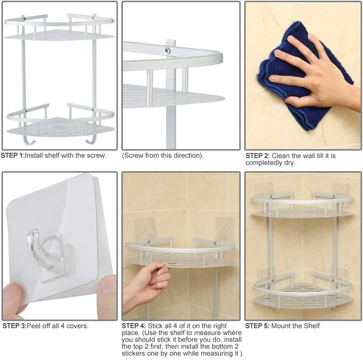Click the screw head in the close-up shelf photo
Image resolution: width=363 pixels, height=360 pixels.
(x=167, y=51)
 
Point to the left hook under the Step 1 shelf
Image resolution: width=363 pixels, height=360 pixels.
(x=27, y=140)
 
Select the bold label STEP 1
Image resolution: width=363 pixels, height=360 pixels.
(x=12, y=155)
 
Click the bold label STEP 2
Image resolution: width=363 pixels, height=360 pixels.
(x=257, y=156)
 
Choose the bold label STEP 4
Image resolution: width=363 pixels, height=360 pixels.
(x=134, y=326)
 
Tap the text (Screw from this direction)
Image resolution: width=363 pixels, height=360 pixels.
(x=163, y=155)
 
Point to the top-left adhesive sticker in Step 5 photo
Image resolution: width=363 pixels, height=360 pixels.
(x=263, y=189)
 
